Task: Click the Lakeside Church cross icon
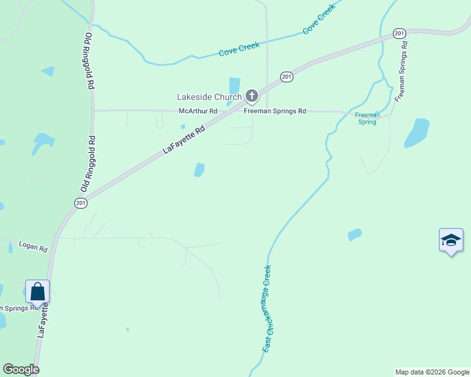[252, 96]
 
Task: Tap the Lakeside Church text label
[209, 97]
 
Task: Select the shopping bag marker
[38, 292]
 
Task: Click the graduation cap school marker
[451, 240]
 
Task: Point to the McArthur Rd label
[198, 111]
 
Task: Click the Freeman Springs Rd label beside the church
[275, 111]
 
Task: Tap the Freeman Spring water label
[366, 118]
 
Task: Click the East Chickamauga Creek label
[267, 309]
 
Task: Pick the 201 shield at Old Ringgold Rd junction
[81, 202]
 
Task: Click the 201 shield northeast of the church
[287, 77]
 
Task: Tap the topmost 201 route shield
[399, 33]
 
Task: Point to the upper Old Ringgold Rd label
[89, 62]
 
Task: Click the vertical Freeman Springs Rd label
[401, 72]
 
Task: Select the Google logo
[21, 369]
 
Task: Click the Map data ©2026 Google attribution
[431, 372]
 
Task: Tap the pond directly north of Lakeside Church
[235, 85]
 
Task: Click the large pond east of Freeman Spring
[417, 133]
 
